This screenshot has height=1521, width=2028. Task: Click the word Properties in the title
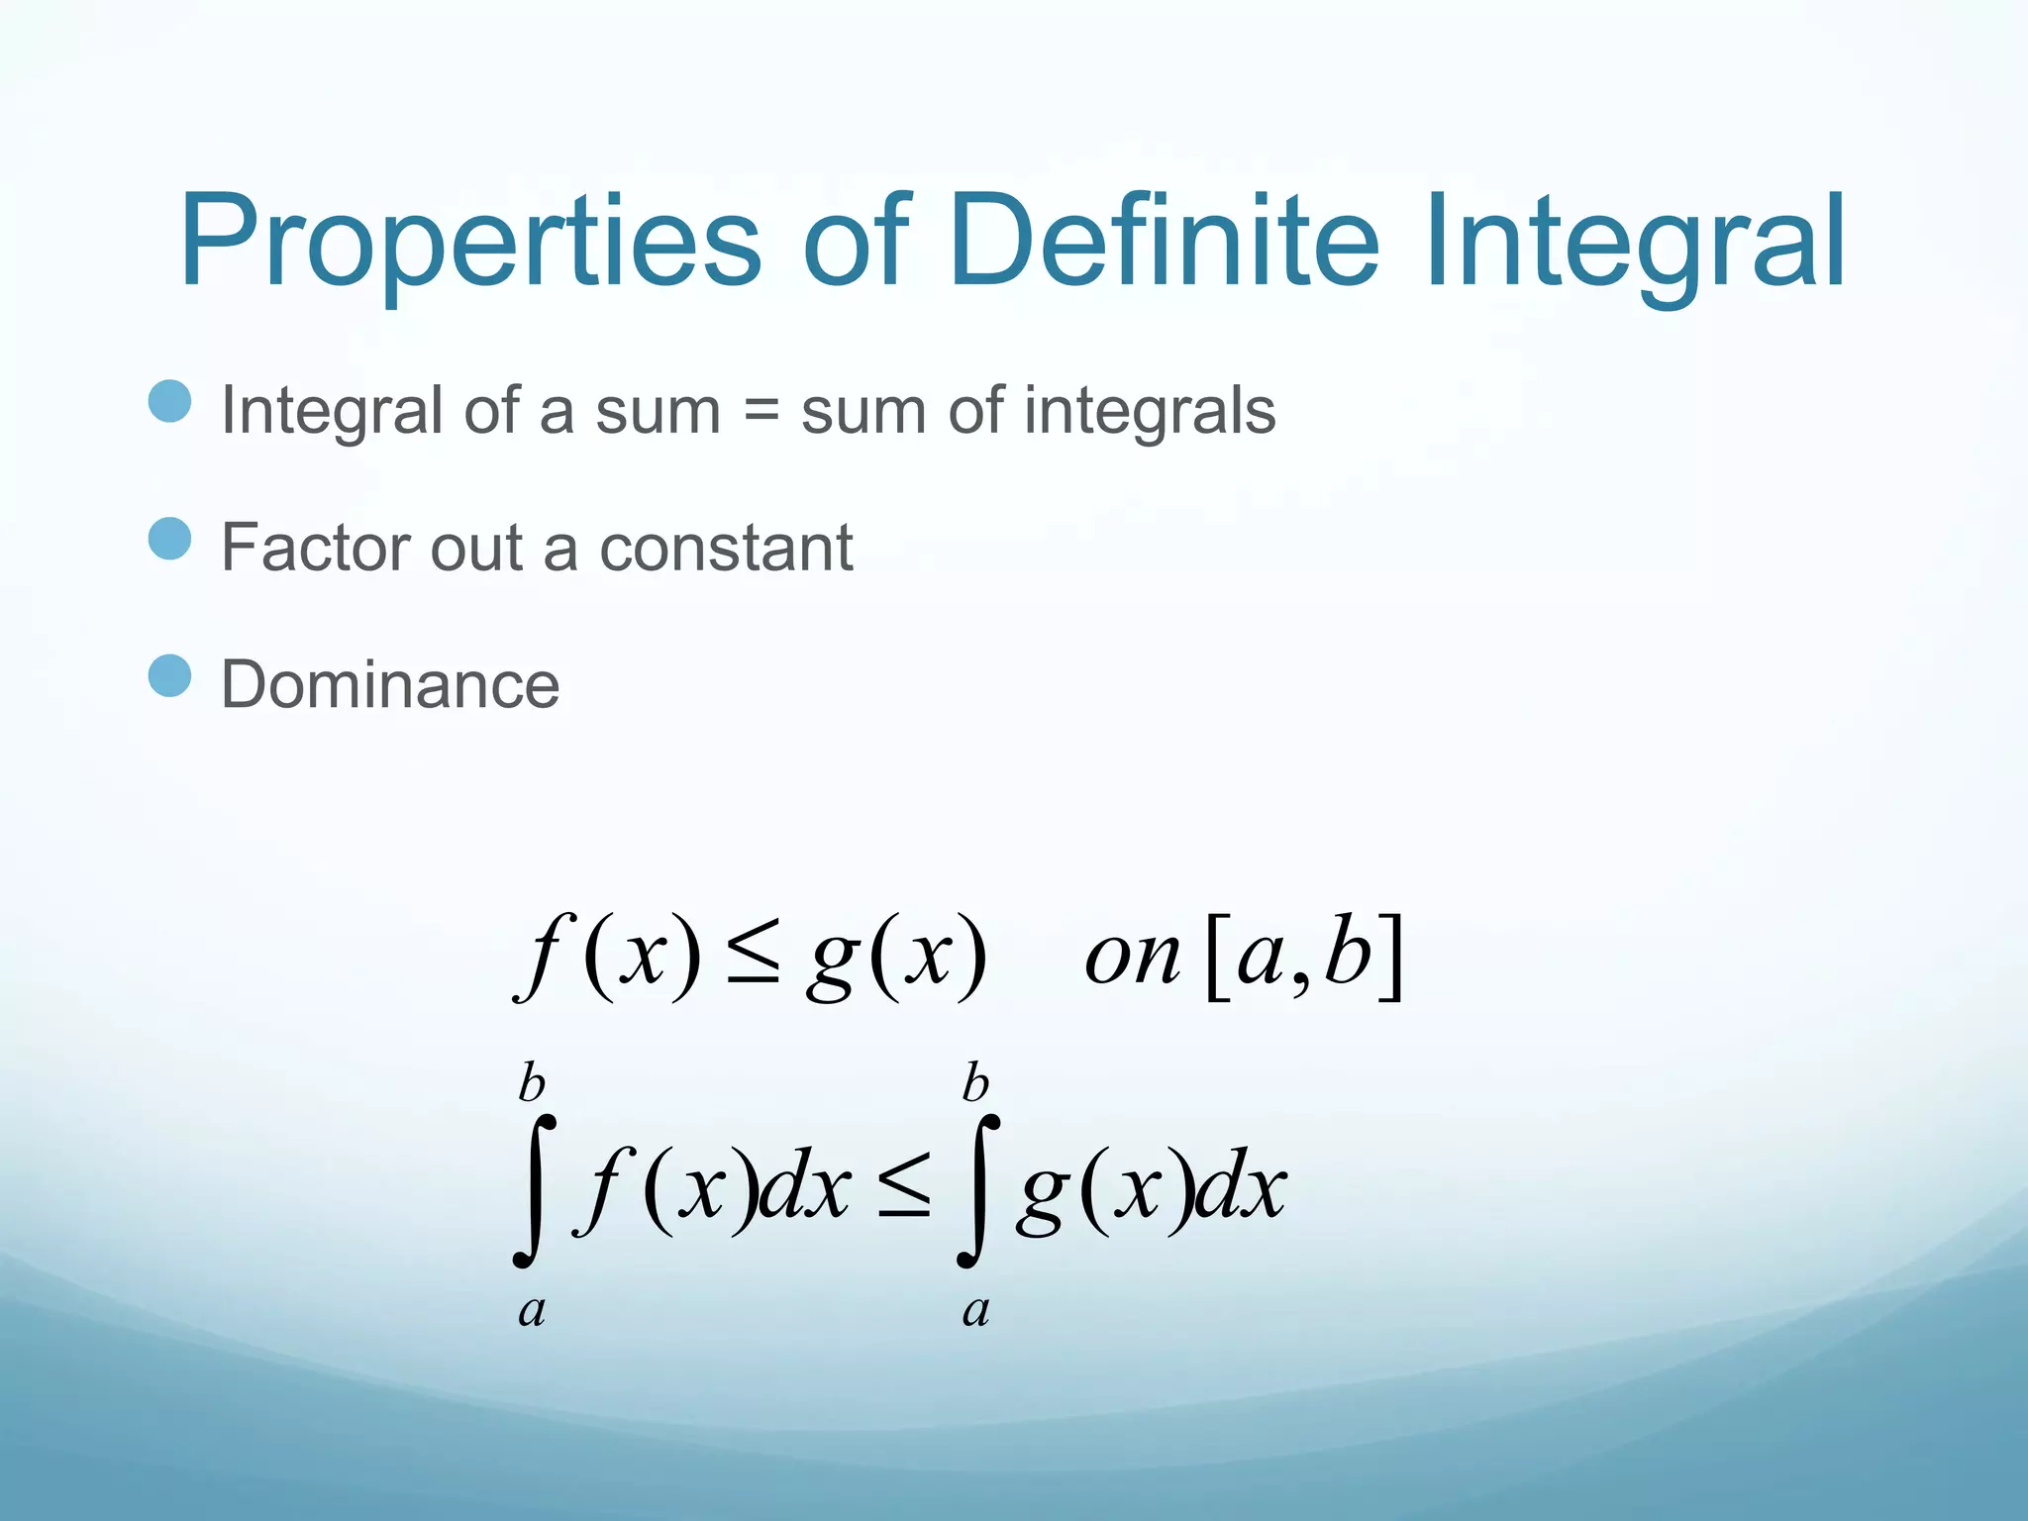(470, 243)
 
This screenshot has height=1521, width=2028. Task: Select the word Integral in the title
(1634, 243)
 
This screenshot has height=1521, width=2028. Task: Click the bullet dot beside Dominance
(169, 676)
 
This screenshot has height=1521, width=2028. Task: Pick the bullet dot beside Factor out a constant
(169, 540)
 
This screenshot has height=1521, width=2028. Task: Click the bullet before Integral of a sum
(169, 402)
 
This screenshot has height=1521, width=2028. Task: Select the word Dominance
(390, 684)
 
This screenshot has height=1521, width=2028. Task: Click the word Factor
(316, 548)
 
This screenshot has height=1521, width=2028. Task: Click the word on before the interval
(1132, 959)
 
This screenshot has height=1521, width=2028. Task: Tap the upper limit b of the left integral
(532, 1084)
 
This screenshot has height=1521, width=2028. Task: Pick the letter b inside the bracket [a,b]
(1349, 953)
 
